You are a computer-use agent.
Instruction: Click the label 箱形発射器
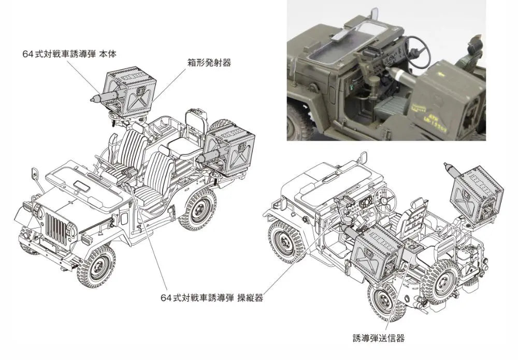click(209, 63)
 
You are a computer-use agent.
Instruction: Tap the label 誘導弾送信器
click(379, 338)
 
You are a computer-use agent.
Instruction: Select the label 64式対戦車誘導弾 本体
click(69, 54)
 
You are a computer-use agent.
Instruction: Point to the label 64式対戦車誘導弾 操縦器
click(212, 298)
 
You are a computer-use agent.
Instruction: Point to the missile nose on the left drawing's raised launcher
click(95, 98)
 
